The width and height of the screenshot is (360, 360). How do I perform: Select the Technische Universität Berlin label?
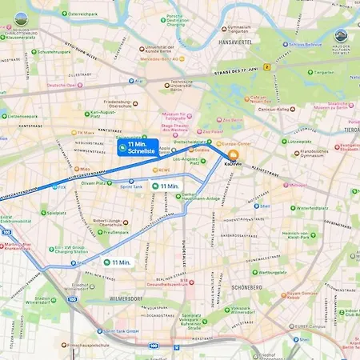(181, 87)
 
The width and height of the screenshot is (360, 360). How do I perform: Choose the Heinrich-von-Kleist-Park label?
(305, 234)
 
